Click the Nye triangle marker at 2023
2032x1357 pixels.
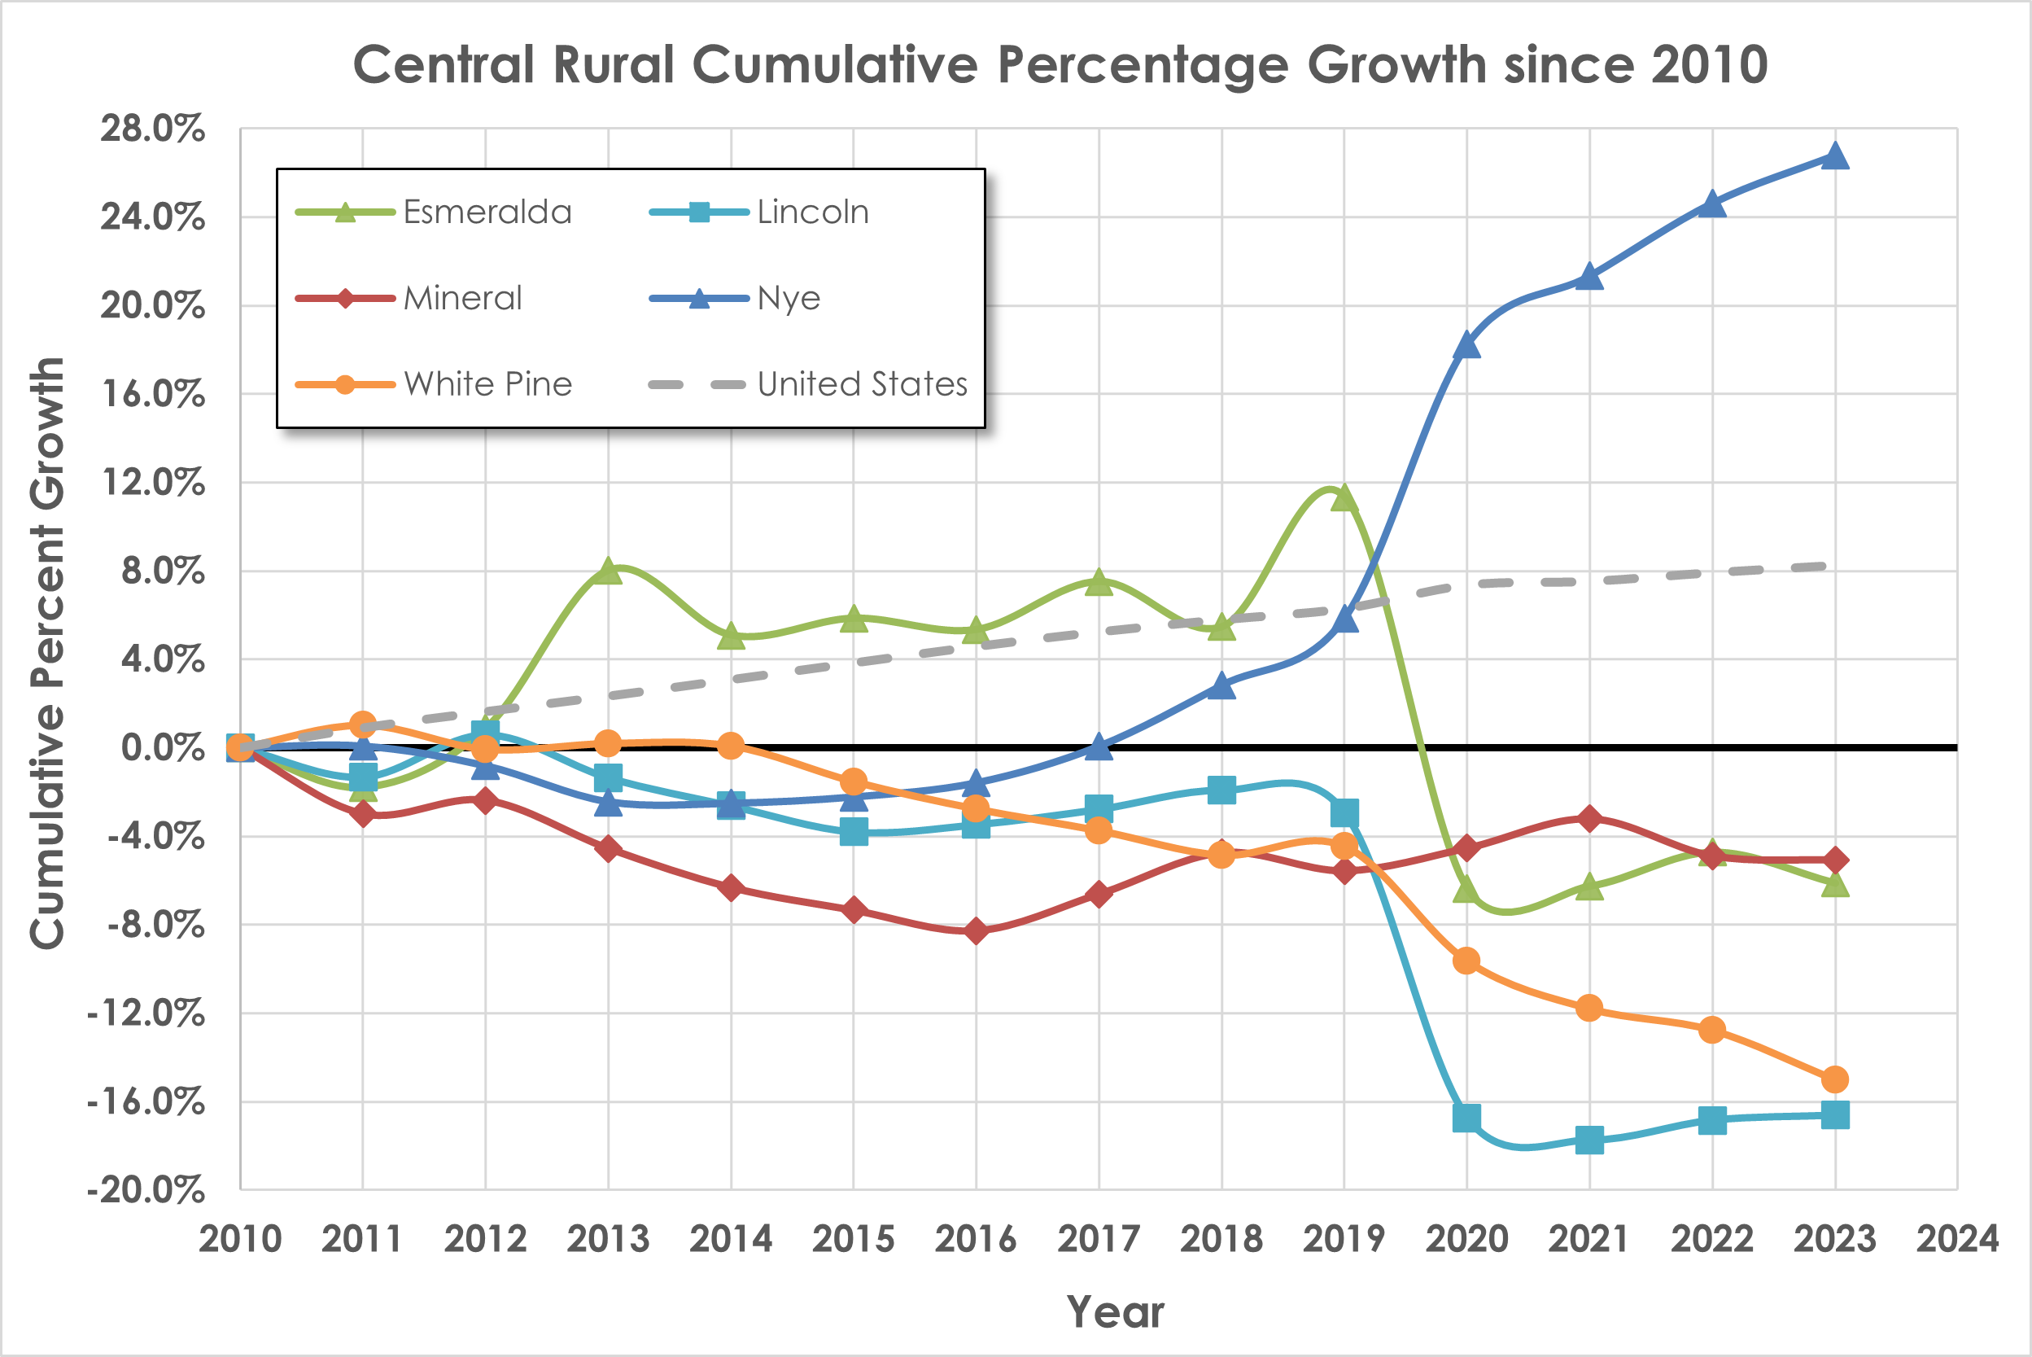point(1835,156)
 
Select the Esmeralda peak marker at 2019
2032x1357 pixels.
point(1344,498)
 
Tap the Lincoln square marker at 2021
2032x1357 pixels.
point(1589,1140)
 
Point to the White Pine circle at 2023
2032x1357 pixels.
point(1835,1079)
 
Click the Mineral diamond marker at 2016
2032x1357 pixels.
point(976,931)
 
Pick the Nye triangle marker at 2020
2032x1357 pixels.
point(1466,345)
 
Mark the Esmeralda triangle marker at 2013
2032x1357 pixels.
point(608,571)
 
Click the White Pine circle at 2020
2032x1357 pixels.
point(1466,961)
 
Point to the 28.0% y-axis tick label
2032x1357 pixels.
point(152,129)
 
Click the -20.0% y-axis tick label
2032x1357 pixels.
point(146,1191)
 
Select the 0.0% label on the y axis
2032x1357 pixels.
point(162,746)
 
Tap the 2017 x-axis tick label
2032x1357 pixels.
point(1099,1239)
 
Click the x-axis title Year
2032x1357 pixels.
point(1115,1311)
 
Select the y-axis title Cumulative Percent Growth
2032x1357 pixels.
point(46,654)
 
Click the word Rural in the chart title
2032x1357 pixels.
point(614,65)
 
